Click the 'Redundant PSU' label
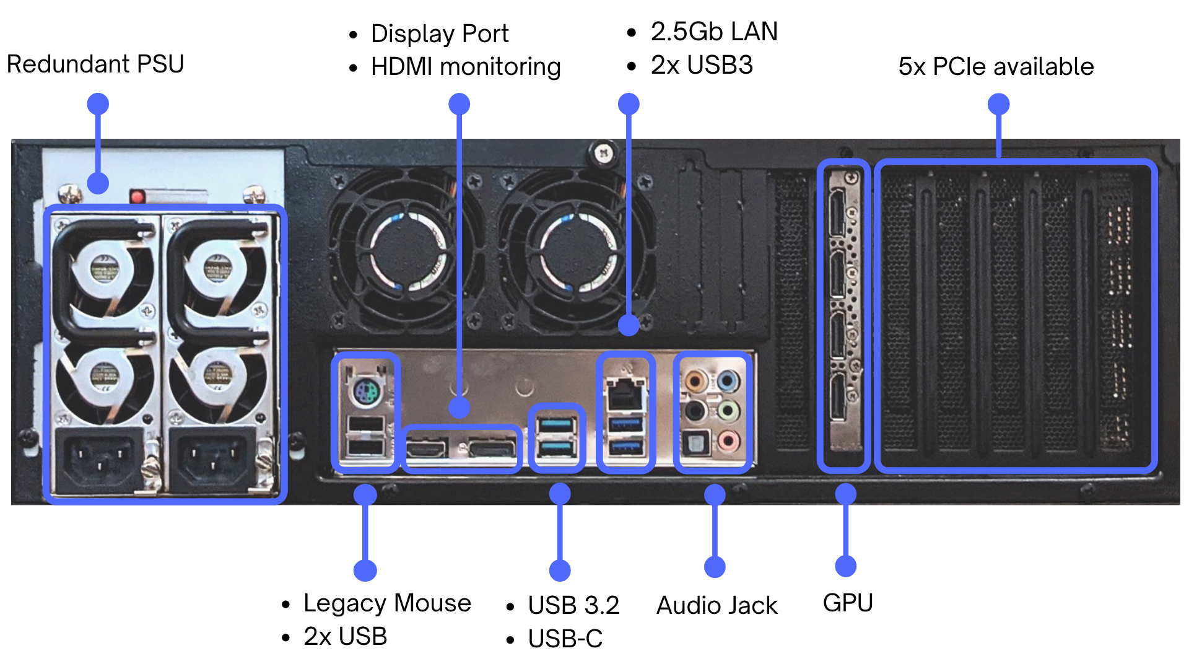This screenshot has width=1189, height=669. click(x=95, y=64)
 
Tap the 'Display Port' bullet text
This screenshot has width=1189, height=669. click(x=440, y=33)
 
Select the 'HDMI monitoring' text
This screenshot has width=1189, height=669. click(x=466, y=67)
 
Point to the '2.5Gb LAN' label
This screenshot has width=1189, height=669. click(x=714, y=32)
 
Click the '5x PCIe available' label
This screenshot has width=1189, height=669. click(x=996, y=66)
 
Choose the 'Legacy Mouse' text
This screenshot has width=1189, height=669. click(x=387, y=603)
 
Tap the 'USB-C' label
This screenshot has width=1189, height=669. click(x=565, y=639)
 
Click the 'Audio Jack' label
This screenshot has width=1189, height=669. click(x=716, y=605)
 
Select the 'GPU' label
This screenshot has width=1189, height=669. click(x=848, y=603)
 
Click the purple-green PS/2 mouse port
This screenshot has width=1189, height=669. click(x=366, y=391)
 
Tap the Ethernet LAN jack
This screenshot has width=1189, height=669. click(x=625, y=395)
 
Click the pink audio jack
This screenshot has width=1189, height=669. click(x=728, y=442)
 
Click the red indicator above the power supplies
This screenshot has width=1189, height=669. click(x=137, y=197)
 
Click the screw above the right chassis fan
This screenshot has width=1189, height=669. click(x=604, y=152)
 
